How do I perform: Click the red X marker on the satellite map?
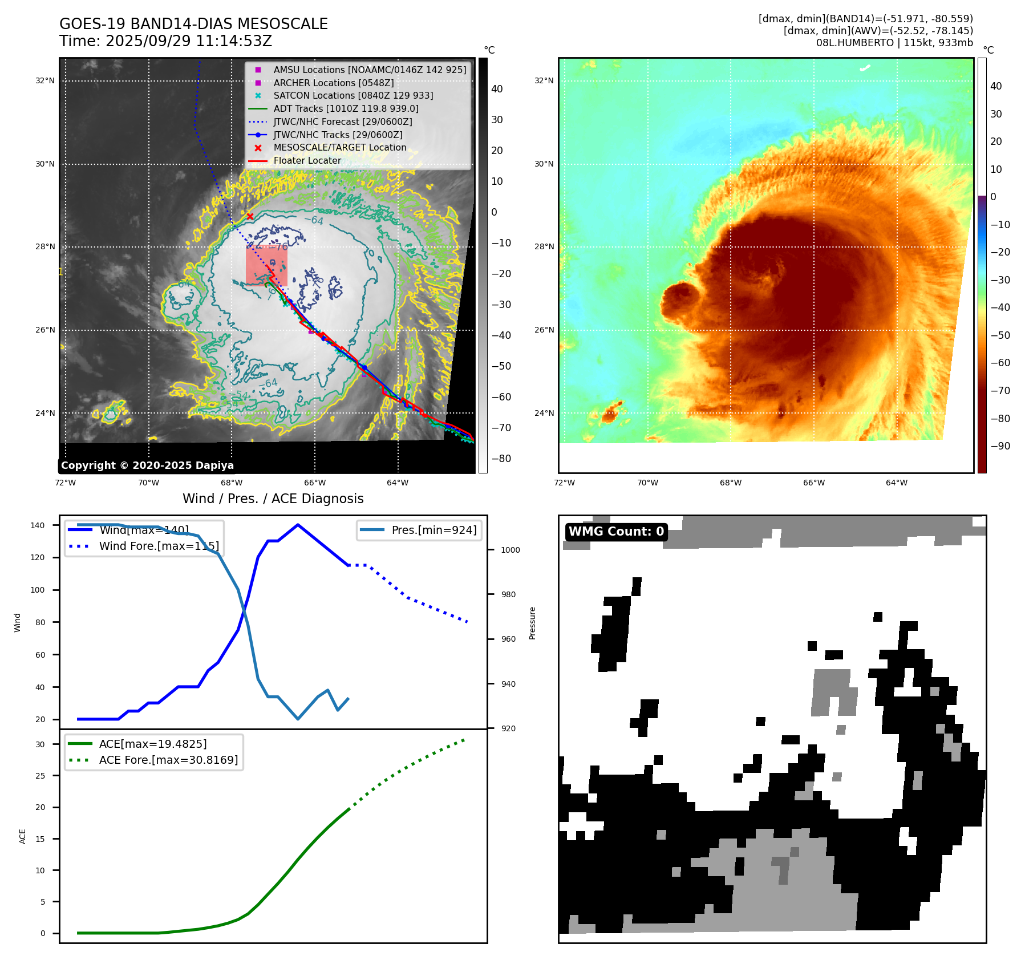(x=250, y=216)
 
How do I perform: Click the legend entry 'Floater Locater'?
(x=307, y=161)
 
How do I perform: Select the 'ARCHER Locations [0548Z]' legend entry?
(x=333, y=83)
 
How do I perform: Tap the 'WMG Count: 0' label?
(x=616, y=532)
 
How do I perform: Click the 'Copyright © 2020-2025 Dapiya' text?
(x=147, y=465)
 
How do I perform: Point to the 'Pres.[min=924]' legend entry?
(x=434, y=530)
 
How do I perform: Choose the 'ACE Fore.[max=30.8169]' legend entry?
(x=168, y=760)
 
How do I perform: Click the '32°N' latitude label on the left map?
(x=45, y=81)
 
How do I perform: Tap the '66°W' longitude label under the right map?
(x=813, y=483)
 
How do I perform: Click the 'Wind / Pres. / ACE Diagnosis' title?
(x=273, y=499)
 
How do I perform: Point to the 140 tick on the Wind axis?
(x=38, y=525)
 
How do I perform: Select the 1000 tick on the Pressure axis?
(x=511, y=550)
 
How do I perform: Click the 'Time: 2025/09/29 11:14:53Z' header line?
(x=165, y=41)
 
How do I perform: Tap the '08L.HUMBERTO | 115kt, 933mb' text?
(x=894, y=43)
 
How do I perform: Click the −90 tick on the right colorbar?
(x=1000, y=446)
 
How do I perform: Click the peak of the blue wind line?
(x=298, y=525)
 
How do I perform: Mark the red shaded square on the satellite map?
(x=266, y=265)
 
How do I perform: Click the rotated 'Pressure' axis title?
(x=532, y=623)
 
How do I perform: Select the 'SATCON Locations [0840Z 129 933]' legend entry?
(x=353, y=96)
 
